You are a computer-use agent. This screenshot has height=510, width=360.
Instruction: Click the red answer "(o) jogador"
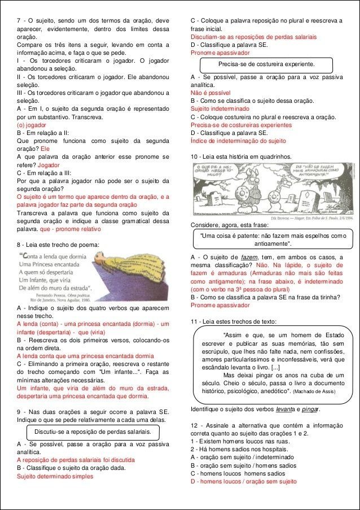click(32, 125)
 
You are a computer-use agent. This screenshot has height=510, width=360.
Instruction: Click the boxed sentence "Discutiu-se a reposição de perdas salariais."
click(93, 432)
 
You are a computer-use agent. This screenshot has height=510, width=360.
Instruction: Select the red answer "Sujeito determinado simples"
click(55, 476)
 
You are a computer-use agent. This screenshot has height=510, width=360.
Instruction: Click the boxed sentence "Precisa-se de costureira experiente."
click(266, 64)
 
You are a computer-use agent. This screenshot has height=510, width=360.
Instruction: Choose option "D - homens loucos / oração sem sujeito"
click(243, 481)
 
